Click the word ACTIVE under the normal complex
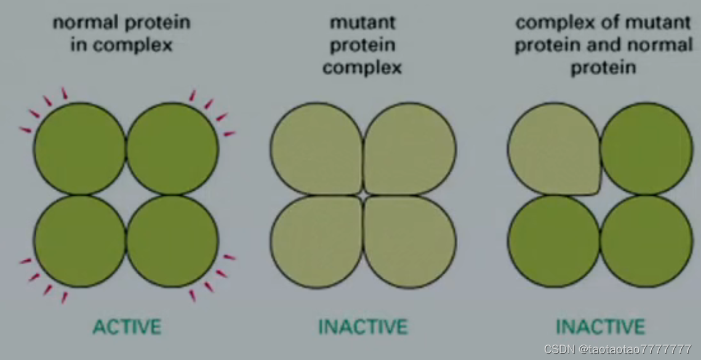pos(127,326)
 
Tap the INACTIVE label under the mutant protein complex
pos(363,326)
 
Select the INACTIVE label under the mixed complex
pos(600,326)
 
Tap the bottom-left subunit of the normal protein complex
pos(80,241)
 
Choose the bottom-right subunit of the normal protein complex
pos(172,241)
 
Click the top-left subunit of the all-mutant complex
pos(316,149)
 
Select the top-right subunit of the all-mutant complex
pos(410,149)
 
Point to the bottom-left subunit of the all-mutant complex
pos(316,242)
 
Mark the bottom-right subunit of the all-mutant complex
pos(410,242)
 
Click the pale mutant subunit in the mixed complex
pos(553,149)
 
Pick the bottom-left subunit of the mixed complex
pos(553,241)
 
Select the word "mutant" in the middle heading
pos(362,23)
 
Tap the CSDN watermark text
pos(622,349)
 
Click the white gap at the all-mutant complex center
pos(363,195)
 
